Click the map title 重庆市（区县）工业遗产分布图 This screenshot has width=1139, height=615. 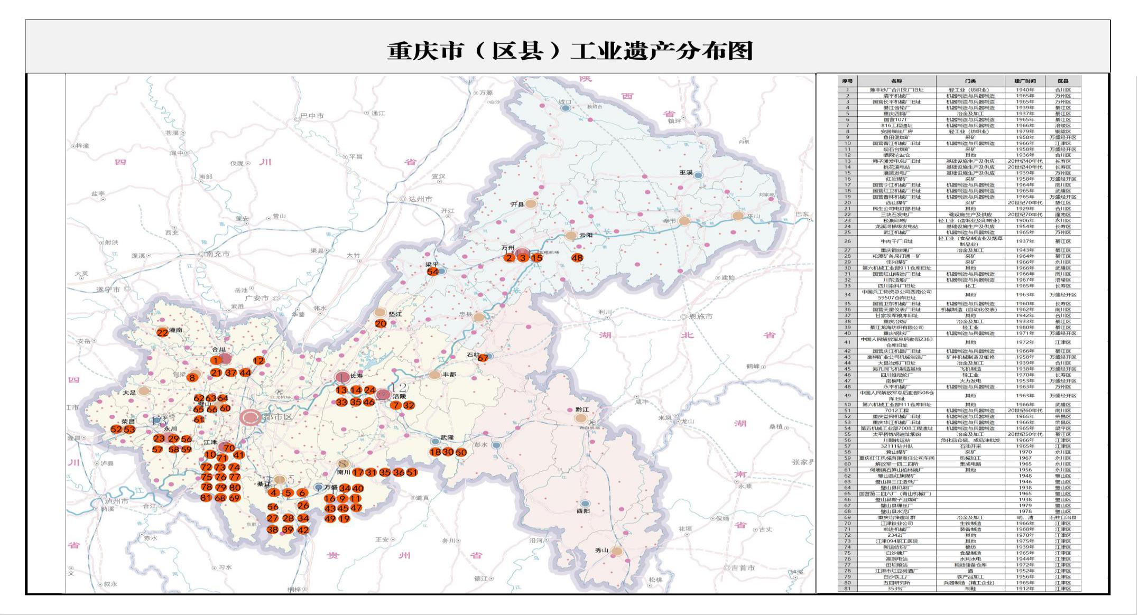coord(569,51)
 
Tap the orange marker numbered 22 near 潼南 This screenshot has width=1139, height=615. coord(162,332)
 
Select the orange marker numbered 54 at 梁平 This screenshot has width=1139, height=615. coord(433,272)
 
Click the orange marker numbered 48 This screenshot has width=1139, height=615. coord(577,258)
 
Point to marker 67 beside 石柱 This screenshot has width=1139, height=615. coord(483,358)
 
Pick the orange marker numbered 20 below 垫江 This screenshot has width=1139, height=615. coord(381,323)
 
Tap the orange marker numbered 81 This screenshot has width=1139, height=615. coord(206,497)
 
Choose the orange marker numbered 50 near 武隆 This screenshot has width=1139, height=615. coord(461,452)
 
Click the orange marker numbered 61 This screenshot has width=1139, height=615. coord(199,420)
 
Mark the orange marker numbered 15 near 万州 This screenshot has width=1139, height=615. coord(536,258)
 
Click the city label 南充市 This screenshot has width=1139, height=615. coord(217,254)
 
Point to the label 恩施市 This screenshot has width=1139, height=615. coord(700,316)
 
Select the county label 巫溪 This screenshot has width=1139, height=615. coord(686,173)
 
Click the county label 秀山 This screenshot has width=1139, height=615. coord(601,550)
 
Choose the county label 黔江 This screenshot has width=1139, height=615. coord(582,410)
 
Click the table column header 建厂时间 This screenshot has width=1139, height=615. coord(1025,81)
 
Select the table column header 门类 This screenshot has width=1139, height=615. coord(970,81)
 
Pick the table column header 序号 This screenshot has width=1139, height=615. coord(847,81)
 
